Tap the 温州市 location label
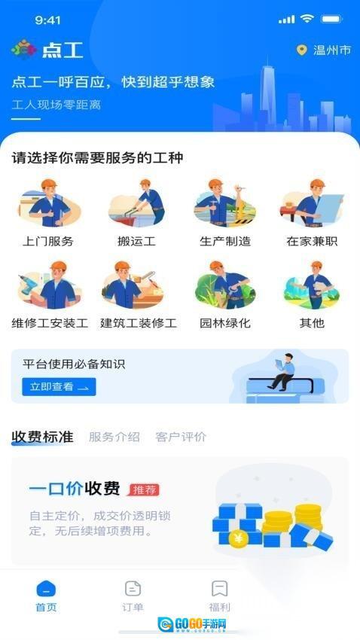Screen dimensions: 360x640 point(332,50)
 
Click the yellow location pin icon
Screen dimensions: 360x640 point(302,50)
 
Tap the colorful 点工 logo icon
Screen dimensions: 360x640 point(23,50)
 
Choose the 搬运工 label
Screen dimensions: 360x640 point(136,241)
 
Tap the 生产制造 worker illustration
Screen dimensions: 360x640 point(224,203)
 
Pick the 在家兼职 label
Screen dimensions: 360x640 point(312,241)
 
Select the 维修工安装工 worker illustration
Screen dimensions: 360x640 point(50,285)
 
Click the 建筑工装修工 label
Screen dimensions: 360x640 point(139,323)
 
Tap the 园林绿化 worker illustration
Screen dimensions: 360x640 point(225,285)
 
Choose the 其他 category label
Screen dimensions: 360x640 point(312,323)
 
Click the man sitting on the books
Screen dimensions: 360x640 point(282,372)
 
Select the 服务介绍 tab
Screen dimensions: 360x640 point(114,437)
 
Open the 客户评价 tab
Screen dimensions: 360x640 point(181,437)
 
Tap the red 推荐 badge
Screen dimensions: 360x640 point(144,490)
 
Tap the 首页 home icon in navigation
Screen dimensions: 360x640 point(46,588)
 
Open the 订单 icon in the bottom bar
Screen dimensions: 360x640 point(133,589)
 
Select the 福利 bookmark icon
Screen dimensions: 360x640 point(220,589)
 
